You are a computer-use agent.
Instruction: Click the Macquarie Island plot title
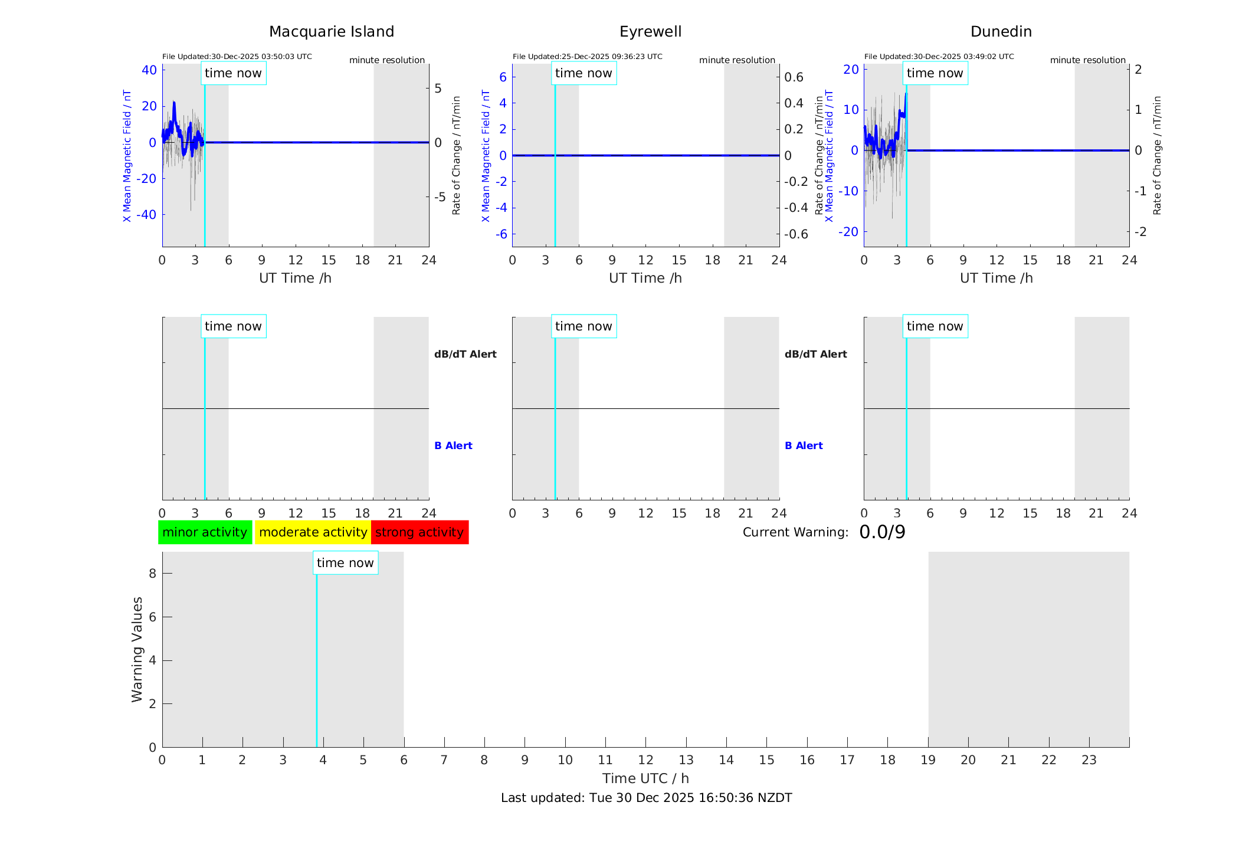point(331,32)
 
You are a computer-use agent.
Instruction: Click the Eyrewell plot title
point(650,32)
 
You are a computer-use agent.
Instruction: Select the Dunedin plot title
point(1001,32)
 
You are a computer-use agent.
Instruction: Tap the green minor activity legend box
point(205,532)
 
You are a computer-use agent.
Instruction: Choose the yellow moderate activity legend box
point(313,532)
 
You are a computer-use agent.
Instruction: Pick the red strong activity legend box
point(419,532)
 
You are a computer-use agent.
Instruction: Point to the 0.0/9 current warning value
point(882,532)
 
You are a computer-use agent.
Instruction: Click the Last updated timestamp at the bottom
point(646,798)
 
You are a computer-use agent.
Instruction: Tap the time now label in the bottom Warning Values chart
point(345,563)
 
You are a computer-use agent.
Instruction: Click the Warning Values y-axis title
point(137,649)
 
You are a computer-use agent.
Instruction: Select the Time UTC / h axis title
point(645,778)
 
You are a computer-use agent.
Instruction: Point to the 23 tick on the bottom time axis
point(1089,760)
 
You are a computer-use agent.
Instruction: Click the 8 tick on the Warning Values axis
point(152,574)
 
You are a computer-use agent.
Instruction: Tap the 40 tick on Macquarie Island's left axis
point(149,70)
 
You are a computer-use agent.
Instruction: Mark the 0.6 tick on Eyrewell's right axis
point(794,77)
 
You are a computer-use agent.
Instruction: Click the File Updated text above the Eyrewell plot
point(587,57)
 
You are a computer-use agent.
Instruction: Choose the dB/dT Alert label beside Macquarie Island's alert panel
point(465,354)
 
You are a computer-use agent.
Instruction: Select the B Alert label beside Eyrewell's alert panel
point(804,446)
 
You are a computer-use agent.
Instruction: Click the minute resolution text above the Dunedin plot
point(1087,60)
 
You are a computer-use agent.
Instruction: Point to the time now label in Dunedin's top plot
point(935,73)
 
